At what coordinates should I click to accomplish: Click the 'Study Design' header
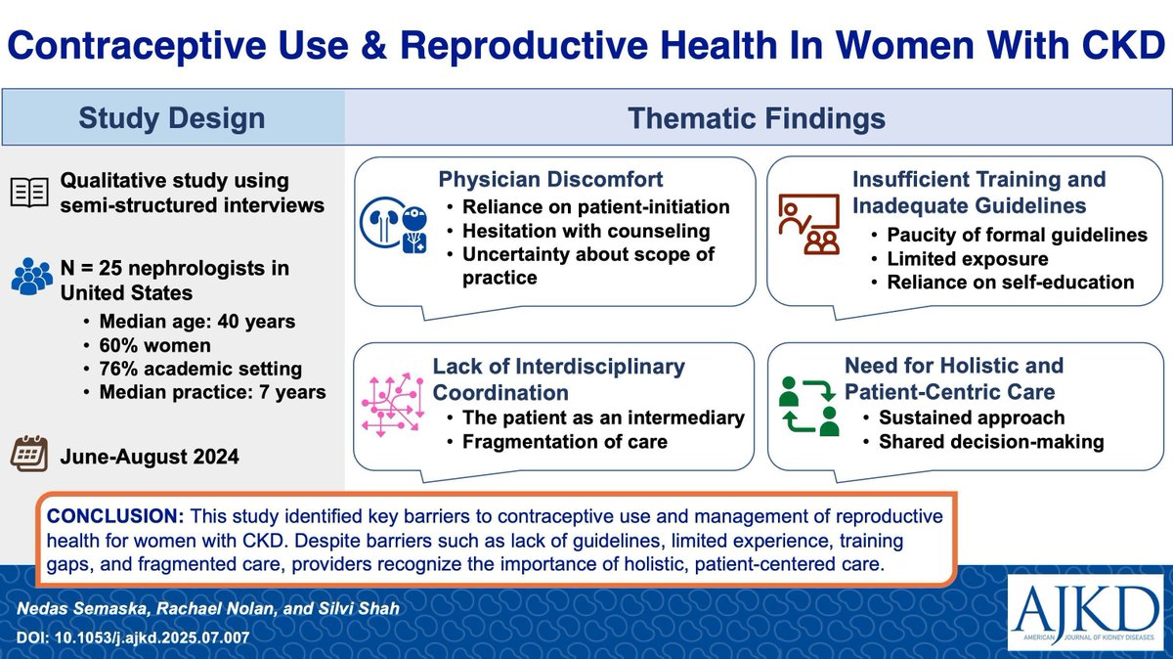173,119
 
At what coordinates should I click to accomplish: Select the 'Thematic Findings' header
757,119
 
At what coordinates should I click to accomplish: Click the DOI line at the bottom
133,637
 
